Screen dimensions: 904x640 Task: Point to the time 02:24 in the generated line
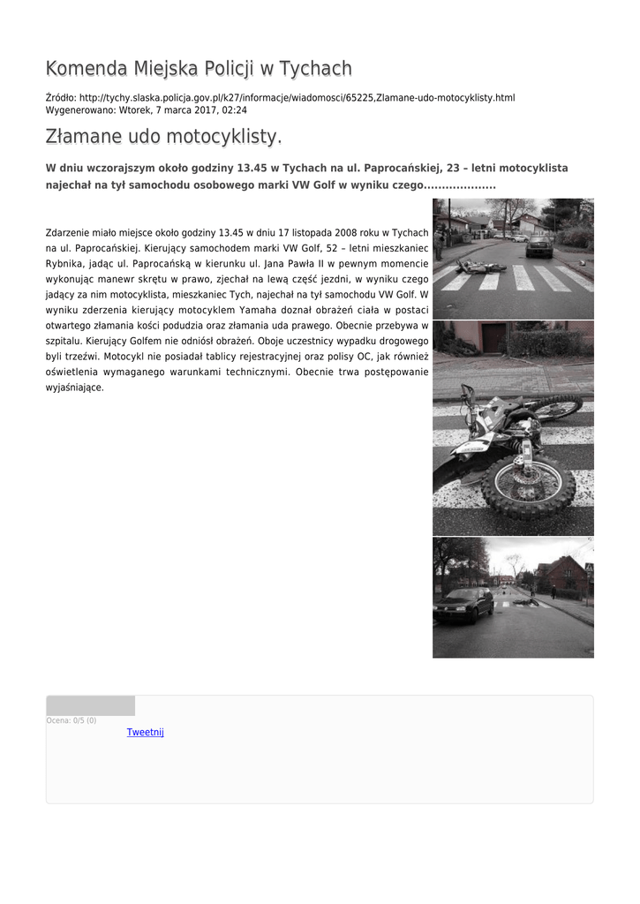(234, 110)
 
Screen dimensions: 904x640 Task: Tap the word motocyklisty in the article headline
(221, 138)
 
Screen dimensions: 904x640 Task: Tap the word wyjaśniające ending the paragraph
(74, 388)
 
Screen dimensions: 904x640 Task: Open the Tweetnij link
(145, 732)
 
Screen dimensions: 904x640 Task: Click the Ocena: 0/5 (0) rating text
(72, 720)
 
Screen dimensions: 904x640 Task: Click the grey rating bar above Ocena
(90, 705)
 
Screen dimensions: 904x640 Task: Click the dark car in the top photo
(538, 246)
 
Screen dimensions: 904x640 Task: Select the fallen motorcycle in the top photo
(481, 266)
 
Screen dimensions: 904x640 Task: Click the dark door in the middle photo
(493, 338)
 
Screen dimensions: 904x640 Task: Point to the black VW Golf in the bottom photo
(464, 604)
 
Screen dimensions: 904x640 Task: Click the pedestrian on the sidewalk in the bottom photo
(554, 590)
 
